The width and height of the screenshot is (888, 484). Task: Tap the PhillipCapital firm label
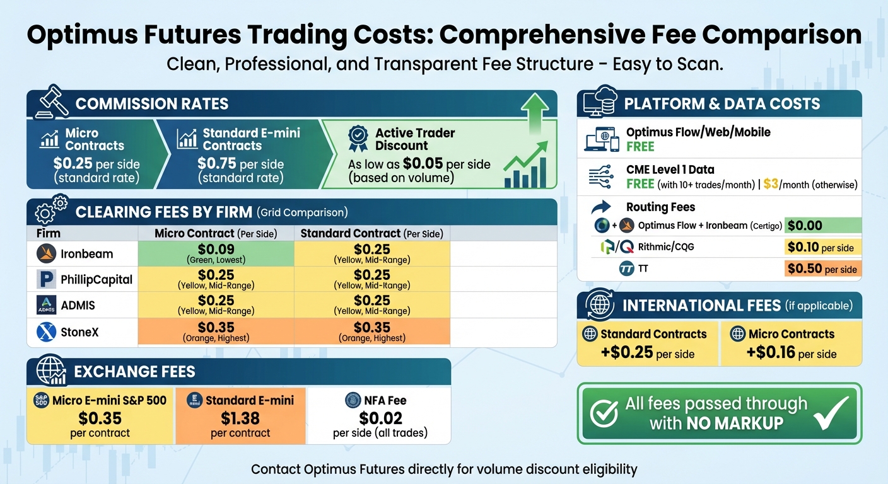click(96, 279)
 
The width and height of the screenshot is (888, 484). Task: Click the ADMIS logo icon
click(47, 306)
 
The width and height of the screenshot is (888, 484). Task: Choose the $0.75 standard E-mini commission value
click(217, 164)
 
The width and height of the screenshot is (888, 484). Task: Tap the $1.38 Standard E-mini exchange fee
click(240, 418)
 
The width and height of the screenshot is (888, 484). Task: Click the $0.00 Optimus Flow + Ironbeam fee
click(805, 226)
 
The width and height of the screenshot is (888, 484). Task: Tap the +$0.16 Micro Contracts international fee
click(770, 352)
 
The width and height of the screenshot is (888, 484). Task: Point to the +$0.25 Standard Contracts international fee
click(627, 352)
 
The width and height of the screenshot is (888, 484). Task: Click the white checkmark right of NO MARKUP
click(831, 413)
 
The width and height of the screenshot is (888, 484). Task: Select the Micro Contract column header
click(216, 233)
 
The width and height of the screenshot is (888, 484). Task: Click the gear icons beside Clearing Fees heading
click(50, 210)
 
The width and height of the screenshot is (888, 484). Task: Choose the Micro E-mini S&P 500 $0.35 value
click(100, 418)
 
